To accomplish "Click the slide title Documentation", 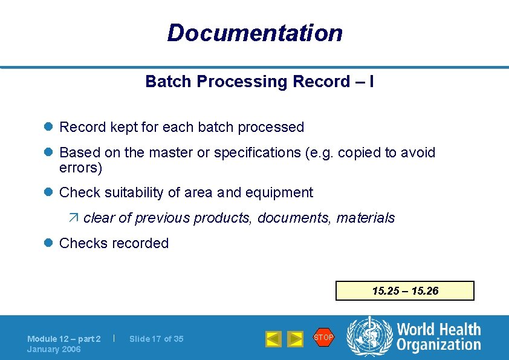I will click(254, 33).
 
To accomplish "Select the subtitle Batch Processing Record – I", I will click(259, 82).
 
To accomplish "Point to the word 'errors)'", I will click(81, 168).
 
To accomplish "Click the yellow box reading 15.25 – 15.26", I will click(405, 291).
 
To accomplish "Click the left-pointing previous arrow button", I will click(273, 339).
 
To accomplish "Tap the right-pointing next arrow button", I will click(294, 339).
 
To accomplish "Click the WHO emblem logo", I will click(368, 336).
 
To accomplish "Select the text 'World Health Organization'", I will click(438, 337).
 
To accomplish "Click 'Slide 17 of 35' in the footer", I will click(156, 339).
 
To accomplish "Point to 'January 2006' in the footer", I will click(54, 349).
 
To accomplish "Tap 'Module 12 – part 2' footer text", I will click(64, 339).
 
